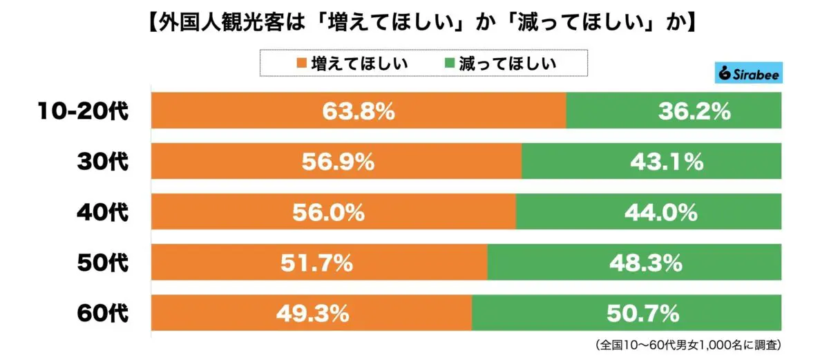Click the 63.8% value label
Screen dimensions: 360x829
click(358, 111)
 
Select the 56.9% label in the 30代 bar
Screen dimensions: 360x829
click(338, 162)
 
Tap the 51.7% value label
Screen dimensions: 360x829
click(320, 263)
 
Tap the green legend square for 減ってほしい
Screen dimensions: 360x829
click(448, 64)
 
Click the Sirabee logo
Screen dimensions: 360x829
click(748, 74)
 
